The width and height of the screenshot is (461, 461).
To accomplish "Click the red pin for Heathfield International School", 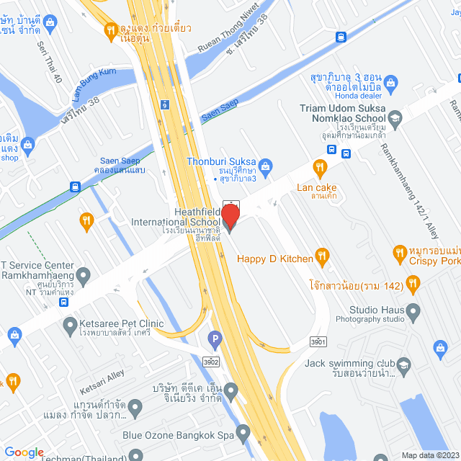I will pos(230,216).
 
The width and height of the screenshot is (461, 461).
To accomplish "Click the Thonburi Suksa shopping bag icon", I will pos(265,168).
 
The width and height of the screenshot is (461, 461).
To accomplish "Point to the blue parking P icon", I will pos(215,336).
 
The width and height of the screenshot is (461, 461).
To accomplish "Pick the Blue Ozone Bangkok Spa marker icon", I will pos(243,433).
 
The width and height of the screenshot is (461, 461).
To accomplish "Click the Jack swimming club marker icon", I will pos(403,364).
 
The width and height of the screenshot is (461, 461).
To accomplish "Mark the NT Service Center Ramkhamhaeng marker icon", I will pos(84,274).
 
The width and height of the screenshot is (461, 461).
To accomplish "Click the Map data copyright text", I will pos(429,455).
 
